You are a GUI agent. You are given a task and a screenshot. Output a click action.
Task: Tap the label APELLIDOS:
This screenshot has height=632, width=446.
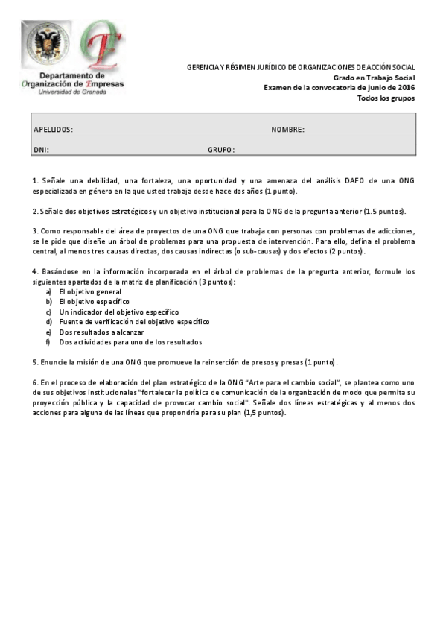54,130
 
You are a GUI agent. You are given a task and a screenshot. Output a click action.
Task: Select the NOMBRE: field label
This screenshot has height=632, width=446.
287,130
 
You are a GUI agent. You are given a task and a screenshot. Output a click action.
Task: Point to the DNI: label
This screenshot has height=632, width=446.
41,149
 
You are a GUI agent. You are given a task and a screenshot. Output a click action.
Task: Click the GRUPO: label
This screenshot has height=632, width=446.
221,149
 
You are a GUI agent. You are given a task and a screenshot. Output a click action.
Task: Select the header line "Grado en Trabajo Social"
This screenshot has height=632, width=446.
374,78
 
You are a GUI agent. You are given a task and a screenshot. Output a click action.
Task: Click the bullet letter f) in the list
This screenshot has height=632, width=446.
48,342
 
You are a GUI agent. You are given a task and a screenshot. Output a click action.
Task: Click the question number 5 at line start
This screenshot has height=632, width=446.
34,362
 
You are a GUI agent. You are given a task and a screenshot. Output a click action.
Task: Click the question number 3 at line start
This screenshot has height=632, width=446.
34,231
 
